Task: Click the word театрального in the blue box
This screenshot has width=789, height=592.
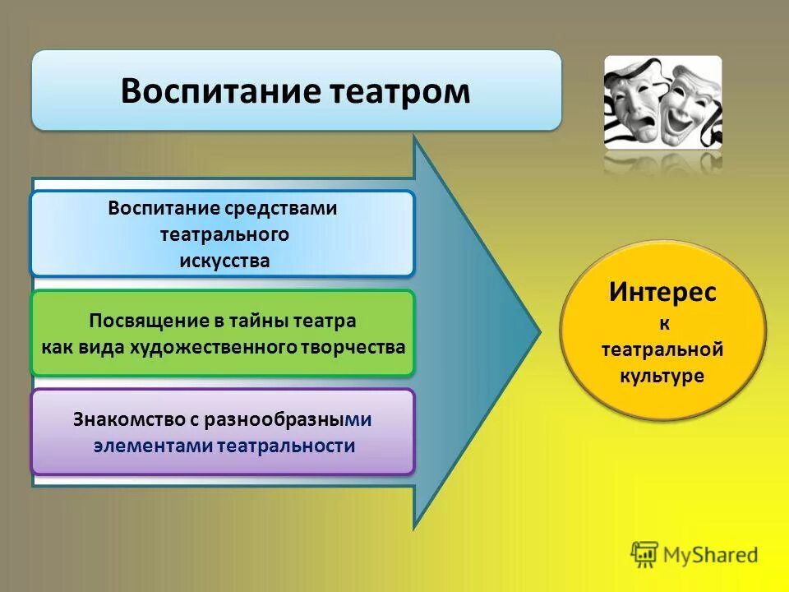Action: click(x=224, y=234)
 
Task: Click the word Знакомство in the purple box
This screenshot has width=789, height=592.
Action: click(x=127, y=419)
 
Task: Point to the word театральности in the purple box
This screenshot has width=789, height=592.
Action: click(x=287, y=446)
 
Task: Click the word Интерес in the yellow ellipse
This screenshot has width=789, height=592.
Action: click(x=662, y=292)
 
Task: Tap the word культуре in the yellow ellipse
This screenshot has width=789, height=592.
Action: click(x=662, y=376)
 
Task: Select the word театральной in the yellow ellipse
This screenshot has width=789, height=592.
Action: click(x=662, y=349)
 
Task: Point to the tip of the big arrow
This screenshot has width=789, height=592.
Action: click(x=538, y=333)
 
